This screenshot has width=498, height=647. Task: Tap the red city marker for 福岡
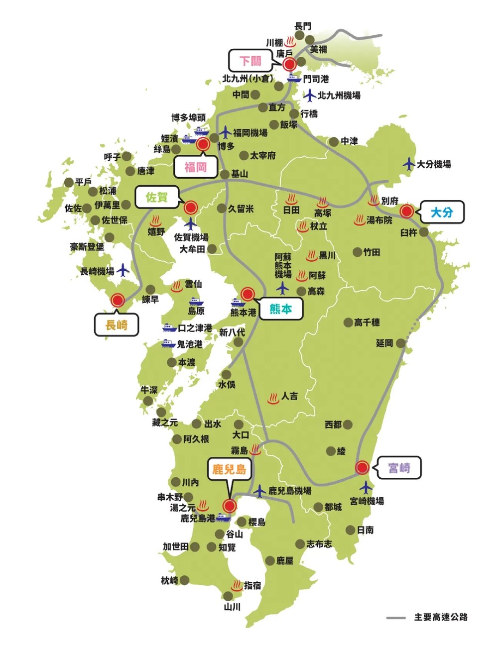click(x=203, y=144)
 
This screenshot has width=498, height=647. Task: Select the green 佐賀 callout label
click(x=157, y=198)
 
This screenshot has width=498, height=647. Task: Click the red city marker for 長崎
click(x=118, y=300)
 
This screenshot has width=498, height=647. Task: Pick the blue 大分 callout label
click(x=442, y=213)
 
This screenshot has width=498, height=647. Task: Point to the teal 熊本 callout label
click(x=281, y=309)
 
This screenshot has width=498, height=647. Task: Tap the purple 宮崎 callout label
click(x=399, y=468)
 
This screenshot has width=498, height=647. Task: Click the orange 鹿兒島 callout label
click(x=229, y=469)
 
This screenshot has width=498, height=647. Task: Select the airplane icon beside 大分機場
click(x=409, y=163)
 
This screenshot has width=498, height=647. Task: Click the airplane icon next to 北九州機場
click(x=310, y=95)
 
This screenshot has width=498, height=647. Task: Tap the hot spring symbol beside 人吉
click(x=273, y=398)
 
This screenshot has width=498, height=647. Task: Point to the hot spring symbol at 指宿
click(x=237, y=585)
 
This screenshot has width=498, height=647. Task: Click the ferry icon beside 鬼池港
click(x=168, y=343)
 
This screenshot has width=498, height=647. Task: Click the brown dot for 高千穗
click(x=348, y=323)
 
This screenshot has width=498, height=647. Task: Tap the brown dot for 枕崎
click(x=184, y=580)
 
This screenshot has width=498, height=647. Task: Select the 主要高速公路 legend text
click(x=441, y=617)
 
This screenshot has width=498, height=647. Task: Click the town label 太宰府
click(x=262, y=156)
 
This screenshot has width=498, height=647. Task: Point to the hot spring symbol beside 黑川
click(x=312, y=255)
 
